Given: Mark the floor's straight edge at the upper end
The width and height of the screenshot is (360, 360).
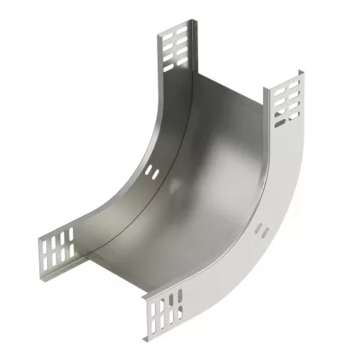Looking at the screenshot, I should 227,90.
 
